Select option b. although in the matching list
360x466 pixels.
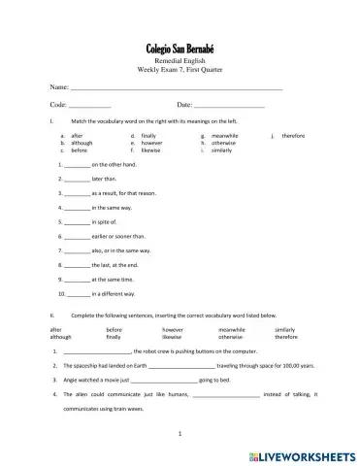(79, 144)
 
